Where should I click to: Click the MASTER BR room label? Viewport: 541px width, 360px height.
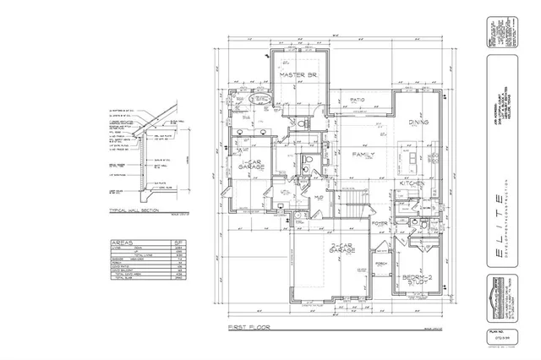pyautogui.click(x=297, y=75)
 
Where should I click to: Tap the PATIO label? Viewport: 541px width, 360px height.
pyautogui.click(x=357, y=100)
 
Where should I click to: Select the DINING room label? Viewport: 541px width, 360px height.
pyautogui.click(x=418, y=122)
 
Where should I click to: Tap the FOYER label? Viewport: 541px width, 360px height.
pyautogui.click(x=380, y=223)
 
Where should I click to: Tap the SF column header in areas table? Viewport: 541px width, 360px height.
pyautogui.click(x=178, y=242)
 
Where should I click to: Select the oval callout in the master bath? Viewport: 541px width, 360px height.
pyautogui.click(x=262, y=100)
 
